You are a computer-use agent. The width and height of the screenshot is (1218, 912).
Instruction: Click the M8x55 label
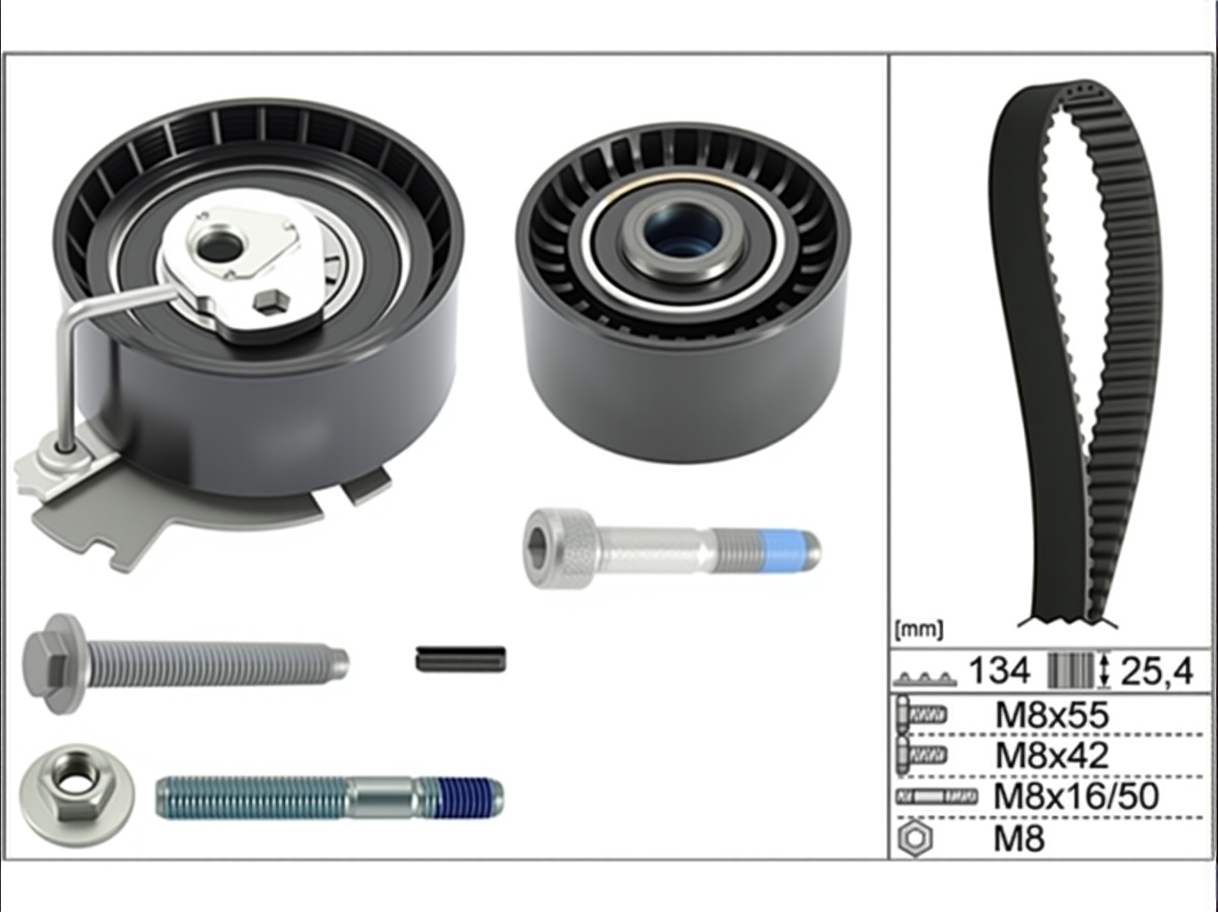click(1052, 715)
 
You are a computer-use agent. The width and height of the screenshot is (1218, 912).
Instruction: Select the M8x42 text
click(1052, 755)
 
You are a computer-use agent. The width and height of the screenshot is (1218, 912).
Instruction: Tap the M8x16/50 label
click(1076, 796)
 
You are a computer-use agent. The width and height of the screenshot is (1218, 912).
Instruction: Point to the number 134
click(999, 670)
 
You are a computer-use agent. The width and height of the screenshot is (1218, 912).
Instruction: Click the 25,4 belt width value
click(1157, 672)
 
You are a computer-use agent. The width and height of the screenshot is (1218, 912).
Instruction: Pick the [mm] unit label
click(918, 630)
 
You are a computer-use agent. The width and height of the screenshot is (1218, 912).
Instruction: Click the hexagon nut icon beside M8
click(915, 839)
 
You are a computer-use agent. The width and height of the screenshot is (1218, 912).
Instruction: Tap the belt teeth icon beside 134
click(924, 679)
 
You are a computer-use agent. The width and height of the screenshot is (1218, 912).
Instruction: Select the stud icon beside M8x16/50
click(937, 796)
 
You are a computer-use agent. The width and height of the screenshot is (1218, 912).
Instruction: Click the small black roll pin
click(460, 659)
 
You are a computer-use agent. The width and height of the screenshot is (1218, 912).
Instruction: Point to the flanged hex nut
click(77, 796)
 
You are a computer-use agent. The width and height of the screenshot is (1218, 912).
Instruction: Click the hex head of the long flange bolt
click(54, 664)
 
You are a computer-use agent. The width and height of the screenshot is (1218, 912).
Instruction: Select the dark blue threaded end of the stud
click(469, 798)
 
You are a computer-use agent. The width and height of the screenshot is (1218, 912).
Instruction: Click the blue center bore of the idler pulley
click(683, 229)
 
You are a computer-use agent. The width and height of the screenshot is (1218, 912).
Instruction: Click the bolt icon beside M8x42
click(922, 755)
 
